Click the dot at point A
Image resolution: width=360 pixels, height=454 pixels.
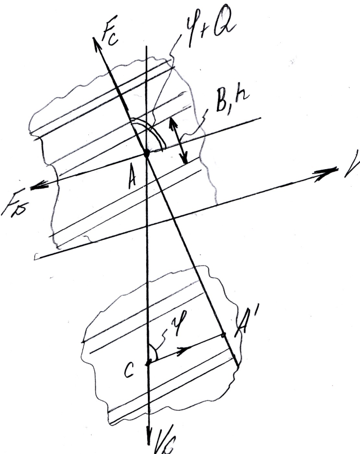coord(146,153)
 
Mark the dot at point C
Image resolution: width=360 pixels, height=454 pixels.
coord(148,362)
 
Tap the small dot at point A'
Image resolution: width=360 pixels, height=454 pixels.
coord(224,335)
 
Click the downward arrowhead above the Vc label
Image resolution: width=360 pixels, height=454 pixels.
coord(148,435)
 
